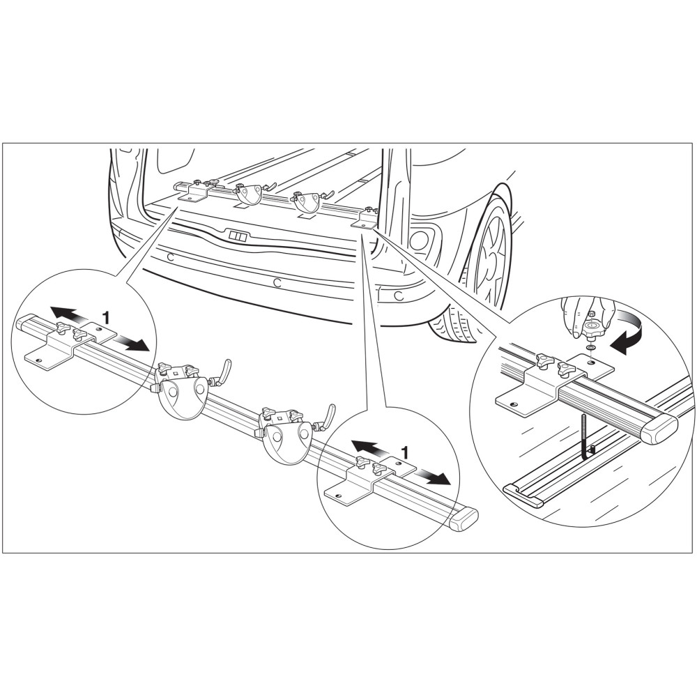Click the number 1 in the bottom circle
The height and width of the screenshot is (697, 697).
[404, 452]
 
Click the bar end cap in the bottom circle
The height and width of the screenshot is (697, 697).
[464, 519]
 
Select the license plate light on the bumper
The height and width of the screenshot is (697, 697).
[236, 236]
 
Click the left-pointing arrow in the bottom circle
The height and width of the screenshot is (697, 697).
[369, 447]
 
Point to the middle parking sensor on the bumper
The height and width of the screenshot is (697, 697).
[277, 282]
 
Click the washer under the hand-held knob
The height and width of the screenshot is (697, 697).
[591, 346]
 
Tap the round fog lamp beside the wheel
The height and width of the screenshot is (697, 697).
[419, 240]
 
